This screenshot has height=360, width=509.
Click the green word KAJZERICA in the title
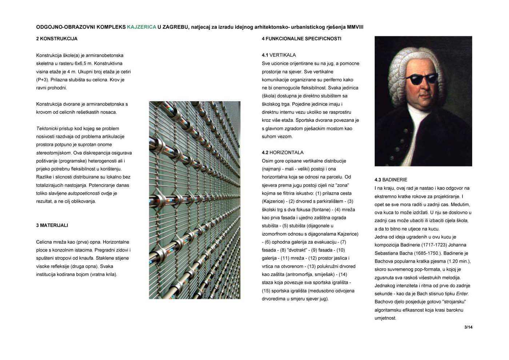point(141,27)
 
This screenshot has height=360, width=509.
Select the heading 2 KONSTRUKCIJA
point(57,39)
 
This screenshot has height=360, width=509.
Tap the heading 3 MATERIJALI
point(52,225)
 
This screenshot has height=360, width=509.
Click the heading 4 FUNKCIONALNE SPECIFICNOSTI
point(301,39)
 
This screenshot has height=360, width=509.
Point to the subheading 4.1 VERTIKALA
point(279,55)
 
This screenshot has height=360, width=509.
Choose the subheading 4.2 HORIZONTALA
point(282,153)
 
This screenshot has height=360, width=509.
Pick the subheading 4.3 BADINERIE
point(391,180)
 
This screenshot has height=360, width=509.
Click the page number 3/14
point(468,327)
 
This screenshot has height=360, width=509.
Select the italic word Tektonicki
point(47,129)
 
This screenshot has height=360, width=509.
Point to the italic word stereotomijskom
point(53,153)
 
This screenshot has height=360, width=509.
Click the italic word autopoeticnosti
point(84,193)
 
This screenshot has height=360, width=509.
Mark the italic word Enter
point(462,294)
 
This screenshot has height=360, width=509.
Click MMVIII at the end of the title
point(355,27)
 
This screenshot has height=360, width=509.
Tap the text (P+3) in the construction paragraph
point(42,80)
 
